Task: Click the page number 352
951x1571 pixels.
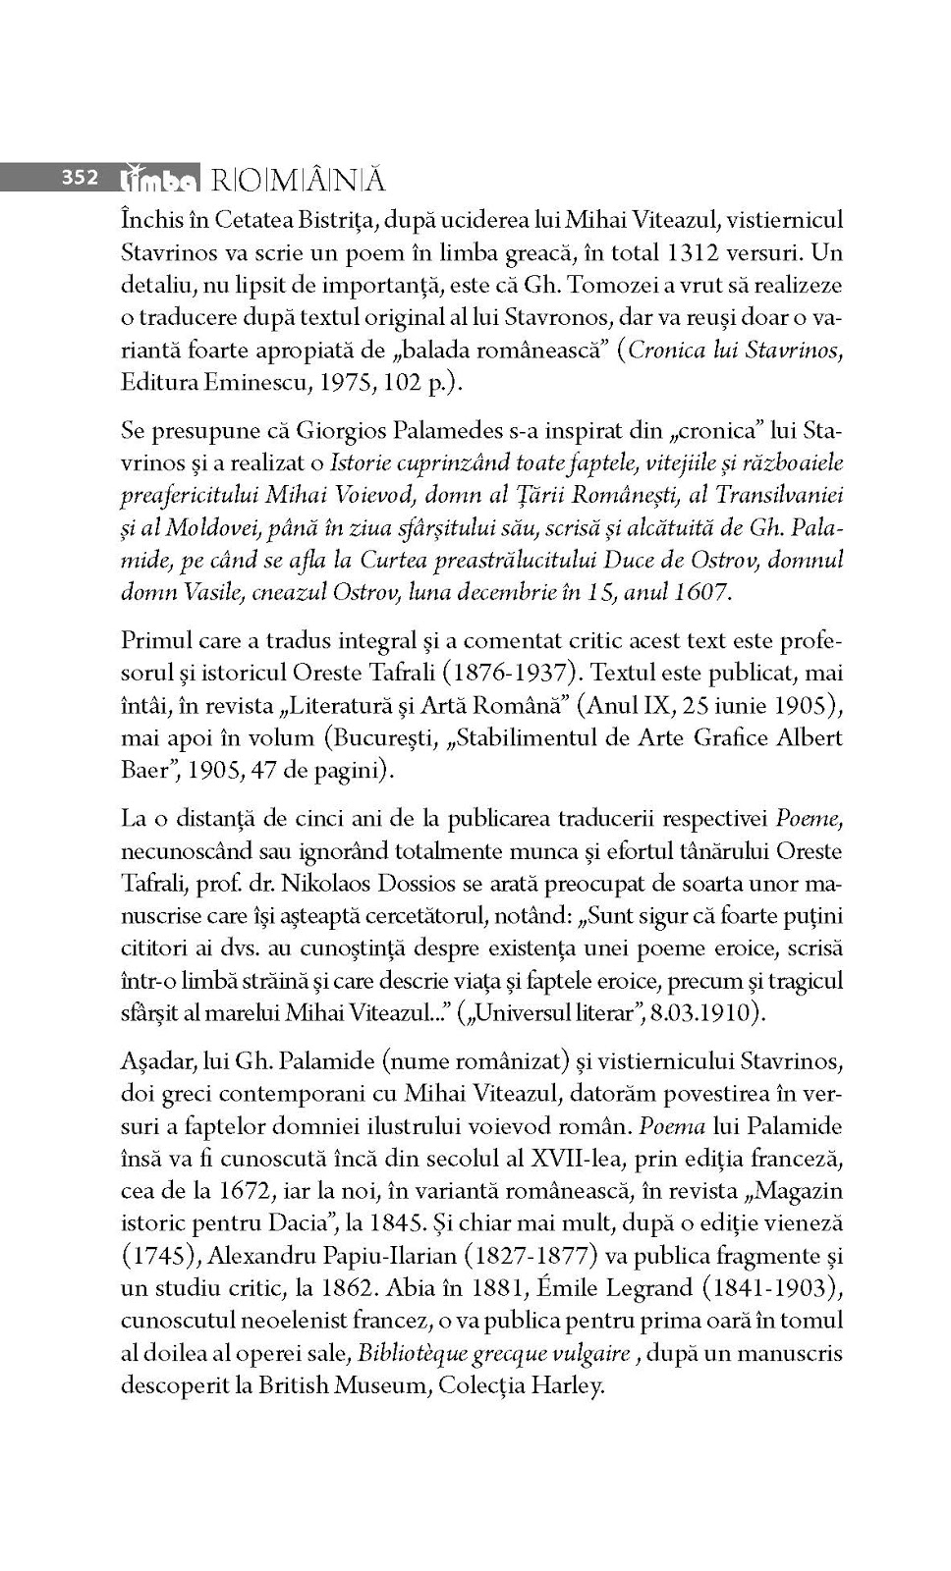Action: coord(80,178)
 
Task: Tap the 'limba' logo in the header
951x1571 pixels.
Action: coord(158,179)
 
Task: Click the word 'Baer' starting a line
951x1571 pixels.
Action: coord(144,771)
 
